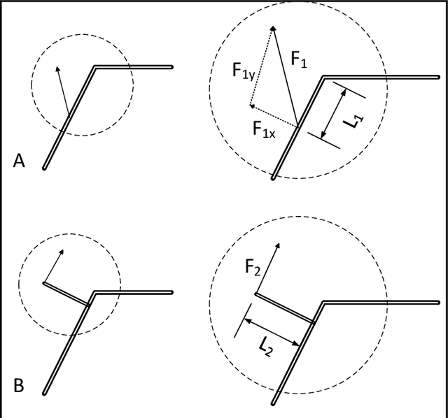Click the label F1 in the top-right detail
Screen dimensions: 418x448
click(x=299, y=64)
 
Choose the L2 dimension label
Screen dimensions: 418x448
click(x=266, y=345)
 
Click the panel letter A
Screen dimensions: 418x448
click(x=19, y=161)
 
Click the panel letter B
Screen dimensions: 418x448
click(x=19, y=384)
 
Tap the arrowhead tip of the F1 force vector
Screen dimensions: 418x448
click(x=272, y=27)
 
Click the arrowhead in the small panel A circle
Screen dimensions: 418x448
click(x=57, y=68)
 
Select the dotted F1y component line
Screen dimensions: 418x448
click(x=261, y=66)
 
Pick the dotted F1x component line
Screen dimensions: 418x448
click(x=274, y=116)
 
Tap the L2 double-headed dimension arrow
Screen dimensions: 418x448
click(x=271, y=331)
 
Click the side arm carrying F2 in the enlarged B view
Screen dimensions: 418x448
click(x=283, y=308)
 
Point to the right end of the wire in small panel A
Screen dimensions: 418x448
click(x=171, y=67)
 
